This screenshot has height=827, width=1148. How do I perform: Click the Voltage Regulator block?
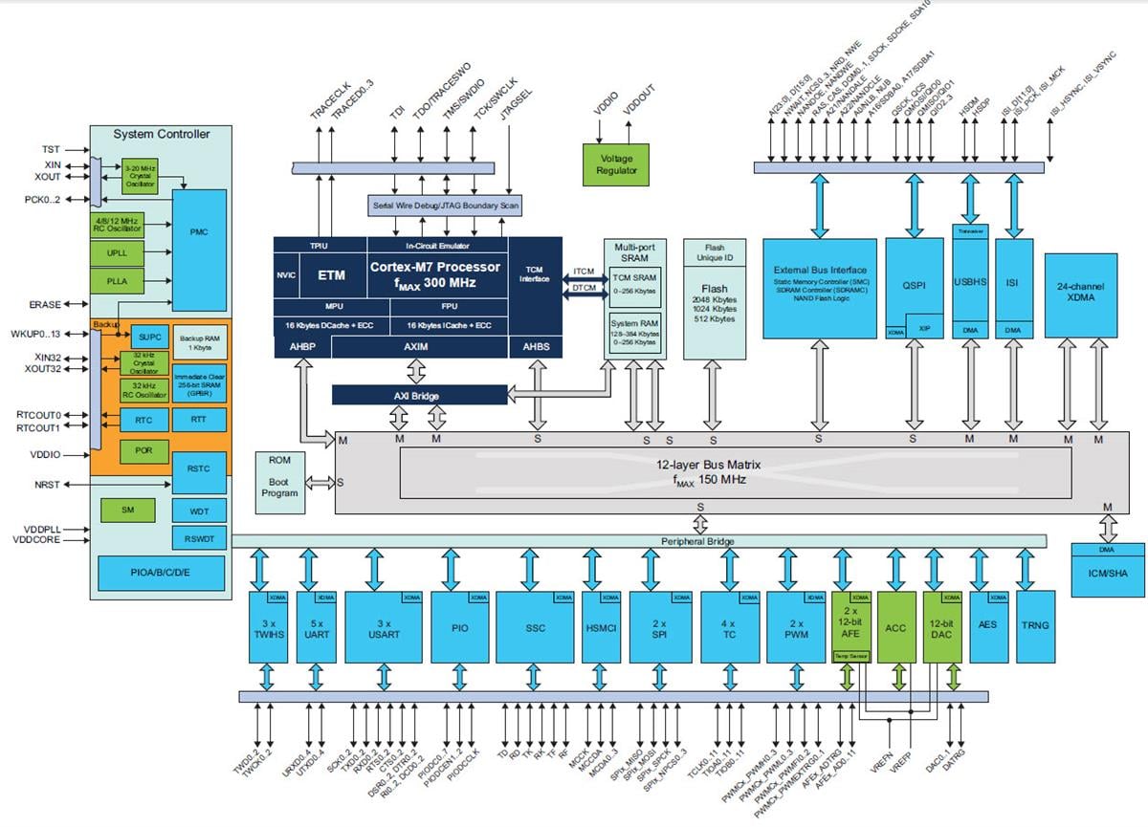[616, 163]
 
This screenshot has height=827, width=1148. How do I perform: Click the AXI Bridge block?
[419, 395]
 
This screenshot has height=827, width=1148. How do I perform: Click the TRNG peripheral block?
[1035, 626]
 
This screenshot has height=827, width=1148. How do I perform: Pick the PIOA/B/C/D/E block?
[161, 573]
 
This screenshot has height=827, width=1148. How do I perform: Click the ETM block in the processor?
[332, 275]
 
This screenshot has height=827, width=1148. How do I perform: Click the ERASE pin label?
[45, 305]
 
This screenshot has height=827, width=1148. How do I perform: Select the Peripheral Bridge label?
[698, 542]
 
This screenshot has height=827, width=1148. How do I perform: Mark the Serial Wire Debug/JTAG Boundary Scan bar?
[445, 206]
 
